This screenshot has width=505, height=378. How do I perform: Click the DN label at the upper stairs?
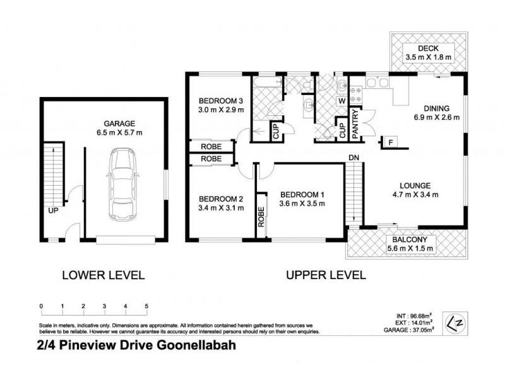click(x=353, y=157)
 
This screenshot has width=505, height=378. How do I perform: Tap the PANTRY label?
click(x=355, y=123)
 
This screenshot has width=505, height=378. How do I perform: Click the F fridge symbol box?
click(x=391, y=142)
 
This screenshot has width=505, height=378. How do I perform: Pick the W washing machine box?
click(x=342, y=101)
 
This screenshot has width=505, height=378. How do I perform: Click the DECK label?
click(x=427, y=49)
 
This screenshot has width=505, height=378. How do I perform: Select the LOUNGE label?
click(x=415, y=185)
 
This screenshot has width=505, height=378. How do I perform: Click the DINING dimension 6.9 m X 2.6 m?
click(x=437, y=117)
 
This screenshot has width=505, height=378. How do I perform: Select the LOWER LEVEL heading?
click(x=104, y=275)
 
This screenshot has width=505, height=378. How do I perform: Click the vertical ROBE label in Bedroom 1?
click(x=260, y=217)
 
